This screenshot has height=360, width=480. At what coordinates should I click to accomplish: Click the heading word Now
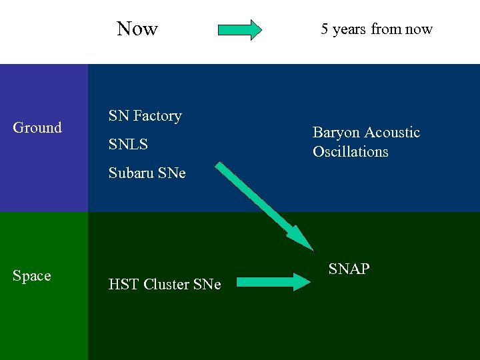[137, 29]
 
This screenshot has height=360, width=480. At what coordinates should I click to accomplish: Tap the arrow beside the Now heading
[240, 30]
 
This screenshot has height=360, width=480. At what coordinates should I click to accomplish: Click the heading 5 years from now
[376, 29]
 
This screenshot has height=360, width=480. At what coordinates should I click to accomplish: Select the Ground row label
[37, 127]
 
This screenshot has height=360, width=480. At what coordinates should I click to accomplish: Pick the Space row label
[31, 275]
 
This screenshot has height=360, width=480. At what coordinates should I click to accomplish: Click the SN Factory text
[145, 116]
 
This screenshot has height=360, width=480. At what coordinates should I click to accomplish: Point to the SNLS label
[128, 144]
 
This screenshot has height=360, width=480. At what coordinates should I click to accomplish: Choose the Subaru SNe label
[147, 173]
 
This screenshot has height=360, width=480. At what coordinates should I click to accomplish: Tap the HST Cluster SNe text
[164, 285]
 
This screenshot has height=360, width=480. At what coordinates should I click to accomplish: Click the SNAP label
[349, 269]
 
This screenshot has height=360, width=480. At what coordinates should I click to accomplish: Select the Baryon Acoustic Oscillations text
[366, 142]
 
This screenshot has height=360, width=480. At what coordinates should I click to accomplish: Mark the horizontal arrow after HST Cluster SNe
[273, 283]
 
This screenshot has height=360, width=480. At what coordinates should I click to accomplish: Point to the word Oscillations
[350, 152]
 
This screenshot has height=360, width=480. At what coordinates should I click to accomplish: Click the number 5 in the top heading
[325, 29]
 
